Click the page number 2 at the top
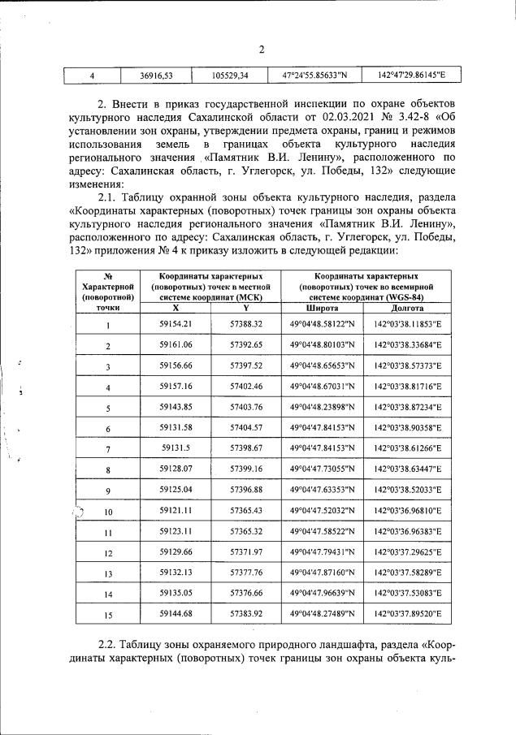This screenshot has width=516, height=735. pos(262,50)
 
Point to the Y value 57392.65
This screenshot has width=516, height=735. pos(246,345)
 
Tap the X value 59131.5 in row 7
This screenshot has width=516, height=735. pos(176,448)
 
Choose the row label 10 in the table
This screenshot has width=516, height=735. pos(108,511)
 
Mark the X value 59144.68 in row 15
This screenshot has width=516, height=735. pos(176,614)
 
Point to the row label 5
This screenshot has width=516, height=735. pos(108,408)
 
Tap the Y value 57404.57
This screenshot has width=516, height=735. pos(246,428)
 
